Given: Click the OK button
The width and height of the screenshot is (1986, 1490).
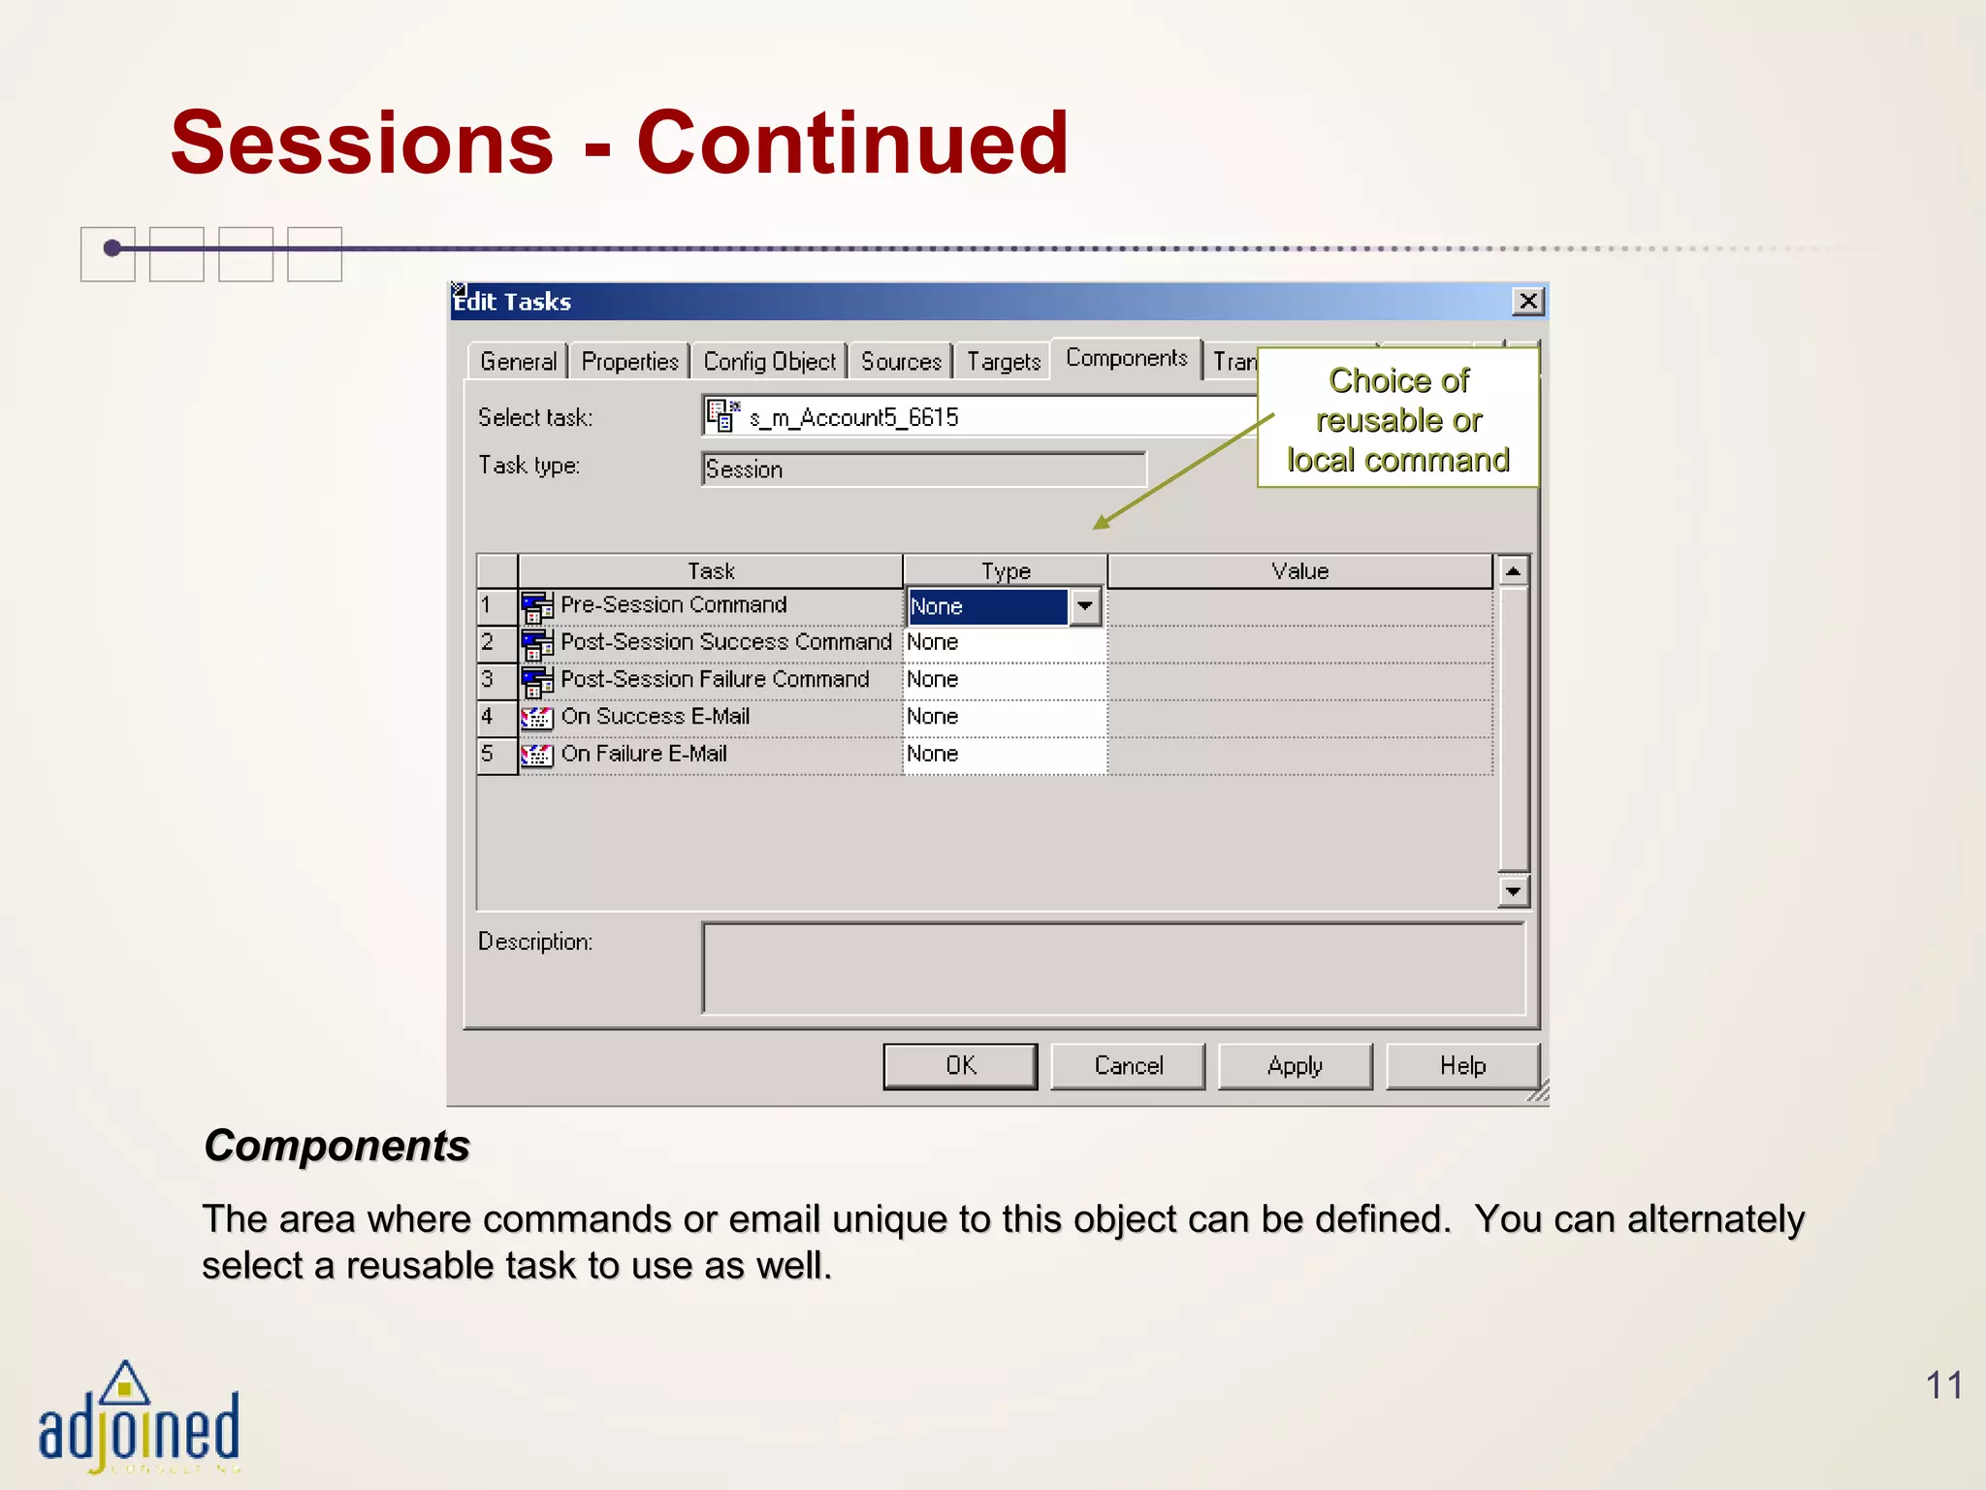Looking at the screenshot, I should [960, 1066].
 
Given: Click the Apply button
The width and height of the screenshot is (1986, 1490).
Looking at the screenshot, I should [1295, 1066].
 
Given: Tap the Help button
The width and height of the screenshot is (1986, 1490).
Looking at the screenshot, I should [1462, 1066].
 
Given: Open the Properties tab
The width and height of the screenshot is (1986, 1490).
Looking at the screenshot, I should [629, 362].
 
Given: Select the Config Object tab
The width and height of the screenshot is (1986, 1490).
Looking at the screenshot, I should [769, 362].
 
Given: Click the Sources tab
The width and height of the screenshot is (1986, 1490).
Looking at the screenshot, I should [901, 362].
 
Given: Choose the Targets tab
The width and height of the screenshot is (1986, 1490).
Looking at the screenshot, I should [1003, 362].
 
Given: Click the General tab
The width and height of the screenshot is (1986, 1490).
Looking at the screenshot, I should [518, 362].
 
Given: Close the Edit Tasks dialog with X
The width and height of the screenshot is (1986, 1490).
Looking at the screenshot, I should [1528, 302].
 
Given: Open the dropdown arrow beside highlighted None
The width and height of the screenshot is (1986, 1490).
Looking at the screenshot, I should [1084, 606].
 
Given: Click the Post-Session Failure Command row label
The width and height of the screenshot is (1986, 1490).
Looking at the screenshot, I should [715, 679].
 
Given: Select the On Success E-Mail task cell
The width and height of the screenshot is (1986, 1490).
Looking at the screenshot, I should [656, 717].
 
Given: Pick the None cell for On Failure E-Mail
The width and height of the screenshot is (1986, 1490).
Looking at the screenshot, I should [1004, 754].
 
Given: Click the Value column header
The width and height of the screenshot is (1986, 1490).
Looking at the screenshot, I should [1299, 571].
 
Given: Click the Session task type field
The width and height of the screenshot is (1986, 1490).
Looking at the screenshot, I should [922, 470].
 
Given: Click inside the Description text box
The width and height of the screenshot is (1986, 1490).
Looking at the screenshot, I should [1112, 968].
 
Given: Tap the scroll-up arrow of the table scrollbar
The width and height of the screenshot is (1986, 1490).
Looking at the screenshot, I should [1513, 570].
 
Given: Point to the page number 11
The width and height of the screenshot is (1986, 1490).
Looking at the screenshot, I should [1943, 1385].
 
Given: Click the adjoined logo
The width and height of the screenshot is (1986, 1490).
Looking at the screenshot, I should [139, 1418].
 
